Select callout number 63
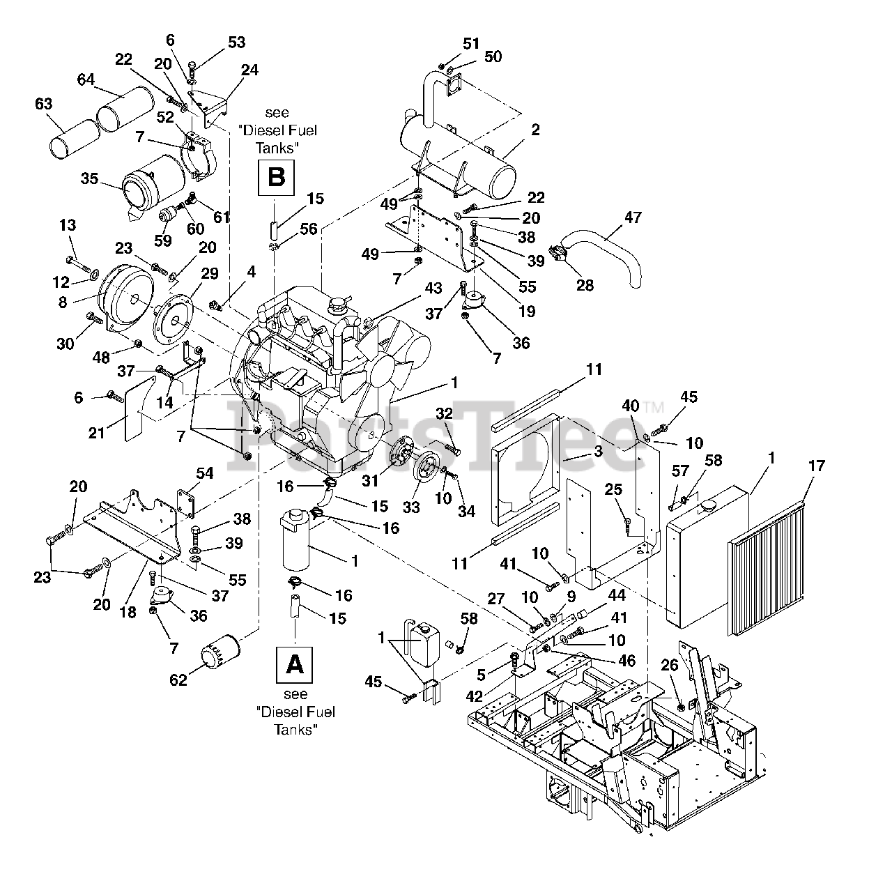click(x=43, y=105)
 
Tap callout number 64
click(x=85, y=80)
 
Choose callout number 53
click(x=236, y=43)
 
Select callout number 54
click(x=204, y=474)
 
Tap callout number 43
click(x=433, y=287)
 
